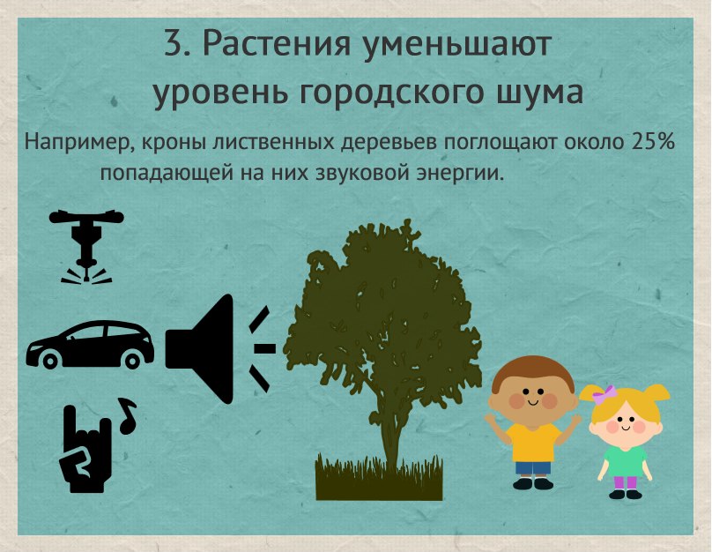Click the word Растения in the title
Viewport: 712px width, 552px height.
pos(277,44)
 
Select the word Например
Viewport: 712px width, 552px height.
pos(79,144)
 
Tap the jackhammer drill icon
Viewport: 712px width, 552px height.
pos(86,247)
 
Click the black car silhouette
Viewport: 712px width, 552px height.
pos(90,344)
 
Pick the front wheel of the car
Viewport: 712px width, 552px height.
pos(49,362)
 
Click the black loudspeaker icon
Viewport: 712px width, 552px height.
pos(200,348)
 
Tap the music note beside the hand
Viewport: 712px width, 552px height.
pos(127,415)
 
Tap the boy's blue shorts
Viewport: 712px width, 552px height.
pos(533,468)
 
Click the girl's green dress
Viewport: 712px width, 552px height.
pos(625,460)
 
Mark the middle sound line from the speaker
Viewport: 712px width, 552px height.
pos(264,348)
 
